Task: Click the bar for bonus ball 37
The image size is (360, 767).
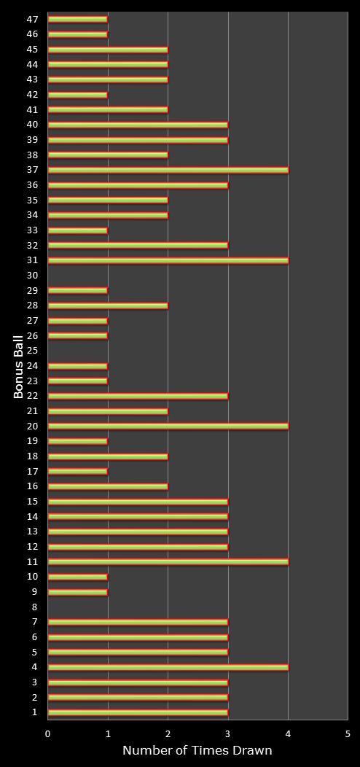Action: (168, 170)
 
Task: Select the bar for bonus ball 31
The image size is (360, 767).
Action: (168, 260)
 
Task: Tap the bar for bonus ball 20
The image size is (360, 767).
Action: (168, 426)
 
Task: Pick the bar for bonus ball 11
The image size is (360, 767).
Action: (168, 561)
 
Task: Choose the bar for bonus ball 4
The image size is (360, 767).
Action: (168, 667)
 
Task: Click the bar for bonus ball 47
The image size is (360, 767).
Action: (78, 20)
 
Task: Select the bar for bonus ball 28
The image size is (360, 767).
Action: (108, 305)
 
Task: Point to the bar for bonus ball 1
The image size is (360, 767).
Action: (138, 712)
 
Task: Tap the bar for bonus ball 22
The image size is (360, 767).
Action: (138, 396)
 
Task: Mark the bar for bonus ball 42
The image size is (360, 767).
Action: (78, 95)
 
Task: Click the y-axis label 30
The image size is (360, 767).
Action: (33, 276)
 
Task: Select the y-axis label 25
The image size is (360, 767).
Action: (33, 351)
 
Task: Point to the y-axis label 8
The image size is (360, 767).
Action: (34, 607)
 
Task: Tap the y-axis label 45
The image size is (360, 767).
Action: (33, 50)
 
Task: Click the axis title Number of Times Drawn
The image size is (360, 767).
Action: (197, 750)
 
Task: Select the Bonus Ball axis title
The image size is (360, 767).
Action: (18, 367)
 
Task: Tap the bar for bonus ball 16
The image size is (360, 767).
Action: (108, 486)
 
